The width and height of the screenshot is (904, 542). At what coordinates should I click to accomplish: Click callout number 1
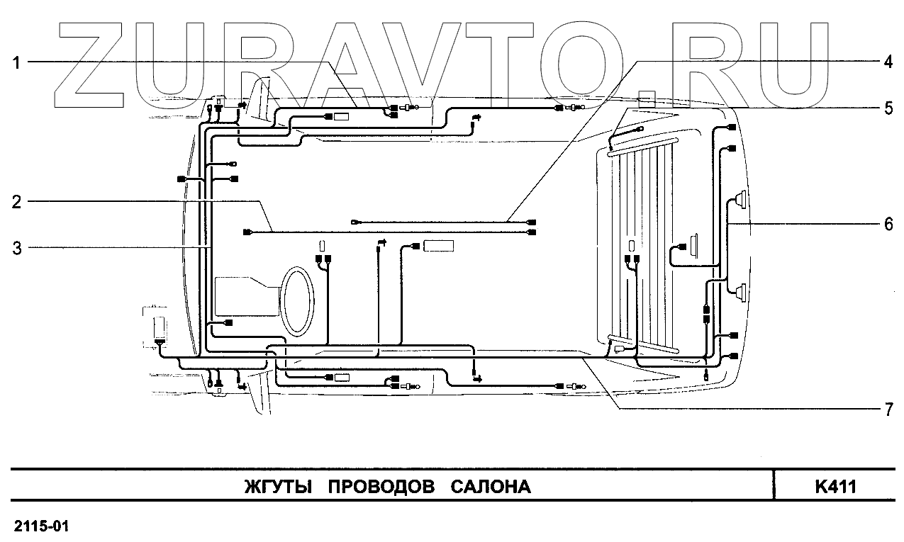point(16,62)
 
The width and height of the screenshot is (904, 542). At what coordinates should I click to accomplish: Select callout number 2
point(16,201)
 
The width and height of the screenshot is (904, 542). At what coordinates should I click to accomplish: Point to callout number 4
point(887,61)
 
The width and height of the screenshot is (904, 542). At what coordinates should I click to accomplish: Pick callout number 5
point(887,108)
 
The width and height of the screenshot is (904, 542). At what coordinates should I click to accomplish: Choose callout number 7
point(887,410)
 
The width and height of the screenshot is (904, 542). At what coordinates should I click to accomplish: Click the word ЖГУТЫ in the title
point(279,487)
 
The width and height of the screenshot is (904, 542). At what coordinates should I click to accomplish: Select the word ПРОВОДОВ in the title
point(382,487)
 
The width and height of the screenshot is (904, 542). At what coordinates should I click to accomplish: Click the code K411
point(836,487)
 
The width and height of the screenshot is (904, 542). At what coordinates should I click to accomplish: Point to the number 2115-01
point(41,527)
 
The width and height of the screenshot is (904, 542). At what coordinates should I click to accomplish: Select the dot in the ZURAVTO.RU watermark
point(647,99)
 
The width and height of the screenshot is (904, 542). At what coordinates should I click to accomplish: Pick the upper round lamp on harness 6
point(740,201)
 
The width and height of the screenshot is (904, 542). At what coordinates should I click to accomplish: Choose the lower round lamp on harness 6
point(740,291)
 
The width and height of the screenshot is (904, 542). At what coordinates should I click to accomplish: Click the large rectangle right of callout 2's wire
point(438,247)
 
